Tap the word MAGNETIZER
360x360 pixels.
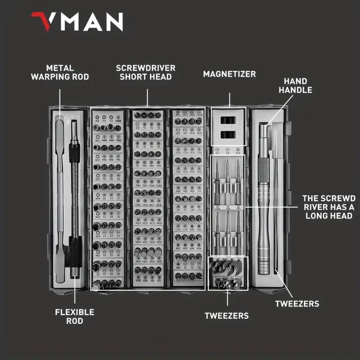tap(229, 74)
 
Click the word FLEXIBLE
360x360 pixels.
tap(75, 312)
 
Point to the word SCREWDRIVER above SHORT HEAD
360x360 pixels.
tap(146, 68)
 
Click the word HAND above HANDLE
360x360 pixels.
tap(295, 81)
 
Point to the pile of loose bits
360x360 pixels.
tap(227, 272)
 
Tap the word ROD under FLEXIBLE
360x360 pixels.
tap(75, 321)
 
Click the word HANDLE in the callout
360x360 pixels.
tap(295, 90)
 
